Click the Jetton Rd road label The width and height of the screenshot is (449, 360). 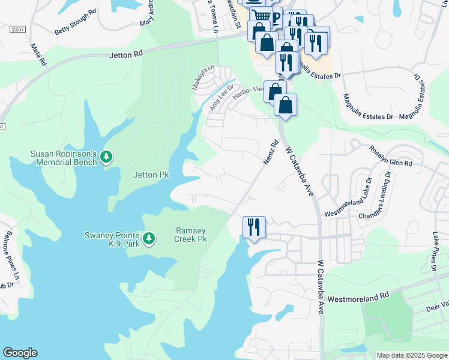coord(126,54)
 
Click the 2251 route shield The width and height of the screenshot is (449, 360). coord(17,29)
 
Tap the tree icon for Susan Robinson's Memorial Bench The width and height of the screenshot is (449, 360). coord(106,157)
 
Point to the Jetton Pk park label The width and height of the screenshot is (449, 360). coord(151,175)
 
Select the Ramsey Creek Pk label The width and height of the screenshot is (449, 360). coord(191,235)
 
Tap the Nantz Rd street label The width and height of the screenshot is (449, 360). coord(271,152)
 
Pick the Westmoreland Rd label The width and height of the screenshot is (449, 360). coord(358,296)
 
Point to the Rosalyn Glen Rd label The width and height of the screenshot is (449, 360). coord(391,156)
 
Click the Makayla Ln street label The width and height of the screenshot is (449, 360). coord(202,78)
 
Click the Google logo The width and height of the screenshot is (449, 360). coord(20,353)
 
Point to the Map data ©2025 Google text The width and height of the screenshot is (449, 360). coord(411,355)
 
